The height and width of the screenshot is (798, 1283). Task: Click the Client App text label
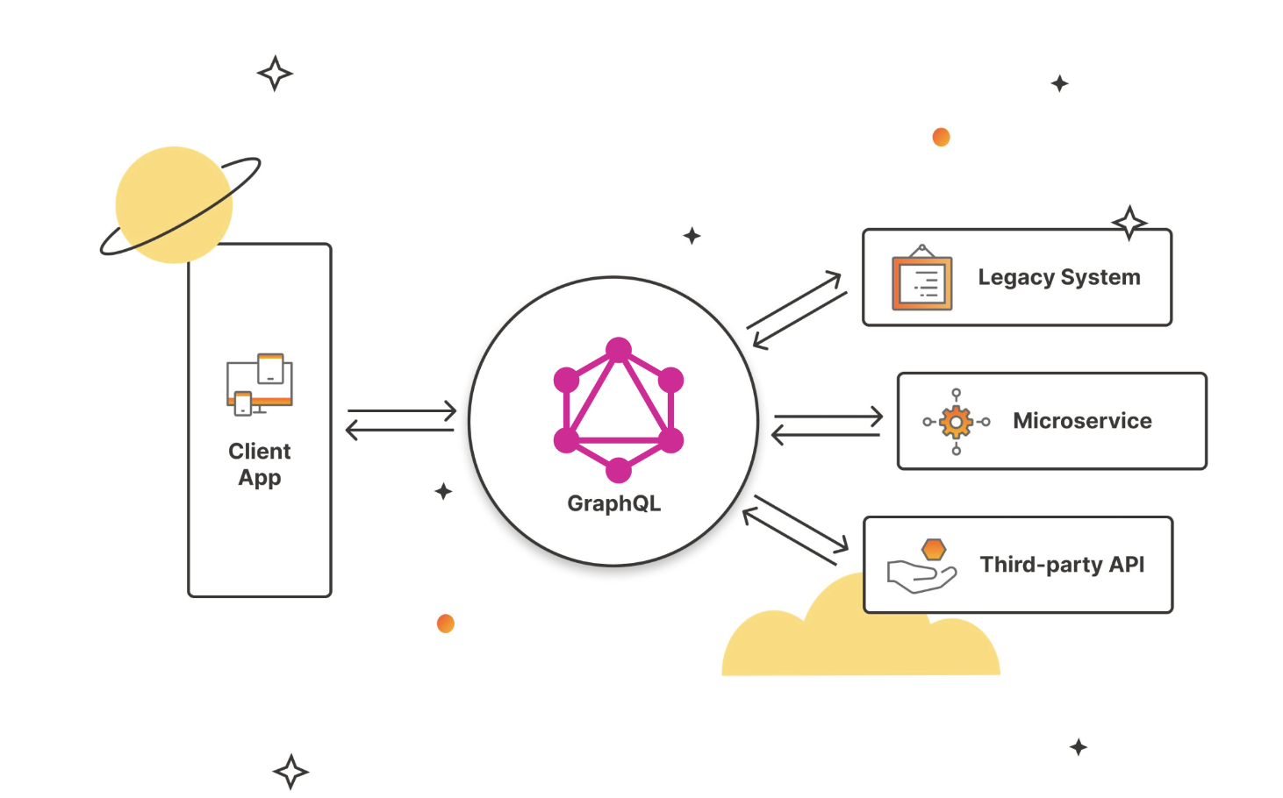pyautogui.click(x=260, y=464)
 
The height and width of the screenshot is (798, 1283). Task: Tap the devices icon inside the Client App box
pyautogui.click(x=260, y=384)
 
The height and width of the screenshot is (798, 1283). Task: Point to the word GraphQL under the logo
pyautogui.click(x=613, y=503)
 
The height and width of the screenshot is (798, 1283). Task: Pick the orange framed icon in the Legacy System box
pyautogui.click(x=921, y=280)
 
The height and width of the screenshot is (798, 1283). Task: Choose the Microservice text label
pyautogui.click(x=1082, y=421)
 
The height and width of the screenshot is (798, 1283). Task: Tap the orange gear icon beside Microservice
pyautogui.click(x=956, y=422)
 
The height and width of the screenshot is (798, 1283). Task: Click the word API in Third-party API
pyautogui.click(x=1126, y=564)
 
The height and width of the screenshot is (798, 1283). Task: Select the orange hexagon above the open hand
pyautogui.click(x=934, y=550)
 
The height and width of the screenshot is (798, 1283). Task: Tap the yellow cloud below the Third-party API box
pyautogui.click(x=842, y=645)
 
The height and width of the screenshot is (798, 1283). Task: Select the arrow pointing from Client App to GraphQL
pyautogui.click(x=402, y=410)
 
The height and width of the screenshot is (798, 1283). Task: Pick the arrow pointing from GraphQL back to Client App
pyautogui.click(x=400, y=430)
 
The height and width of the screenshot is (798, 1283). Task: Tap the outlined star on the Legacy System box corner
pyautogui.click(x=1129, y=223)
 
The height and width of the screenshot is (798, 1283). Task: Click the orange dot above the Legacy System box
pyautogui.click(x=941, y=137)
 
